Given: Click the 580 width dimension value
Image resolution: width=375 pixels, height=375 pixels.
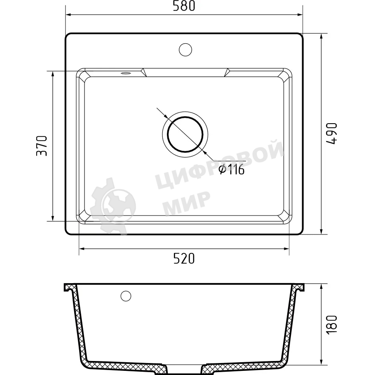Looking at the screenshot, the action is point(184,6).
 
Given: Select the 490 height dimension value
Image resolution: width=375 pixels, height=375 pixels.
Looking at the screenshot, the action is point(331,134).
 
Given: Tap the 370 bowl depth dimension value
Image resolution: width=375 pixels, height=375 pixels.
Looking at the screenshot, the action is point(42,146).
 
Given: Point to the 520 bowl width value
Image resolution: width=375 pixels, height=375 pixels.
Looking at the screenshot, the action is point(184,258).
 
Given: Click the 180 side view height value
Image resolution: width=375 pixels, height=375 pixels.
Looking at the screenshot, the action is point(331,325).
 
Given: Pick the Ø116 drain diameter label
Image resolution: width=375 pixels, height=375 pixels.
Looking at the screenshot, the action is point(232,169).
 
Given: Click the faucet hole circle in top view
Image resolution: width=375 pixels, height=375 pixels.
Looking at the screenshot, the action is point(185,49).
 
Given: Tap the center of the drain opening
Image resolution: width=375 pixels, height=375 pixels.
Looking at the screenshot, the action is point(185,134).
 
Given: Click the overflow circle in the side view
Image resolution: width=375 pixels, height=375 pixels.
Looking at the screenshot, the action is point(126,296).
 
